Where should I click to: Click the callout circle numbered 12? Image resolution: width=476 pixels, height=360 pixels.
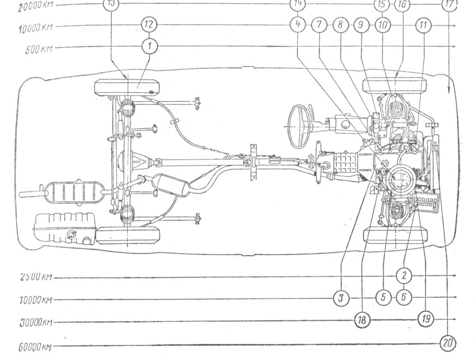click(148, 25)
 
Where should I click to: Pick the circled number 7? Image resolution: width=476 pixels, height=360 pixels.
click(320, 25)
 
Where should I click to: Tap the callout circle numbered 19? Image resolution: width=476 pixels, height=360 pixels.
click(425, 319)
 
